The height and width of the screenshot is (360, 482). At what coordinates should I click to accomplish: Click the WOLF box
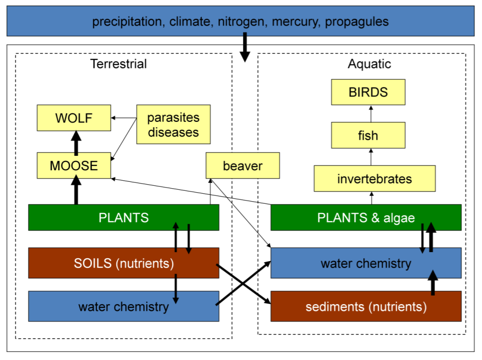pyautogui.click(x=74, y=118)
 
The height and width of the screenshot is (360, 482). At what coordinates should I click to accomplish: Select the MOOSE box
pyautogui.click(x=74, y=166)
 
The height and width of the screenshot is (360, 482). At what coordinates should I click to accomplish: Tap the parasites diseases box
pyautogui.click(x=173, y=125)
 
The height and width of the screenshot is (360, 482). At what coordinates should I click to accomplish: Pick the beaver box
pyautogui.click(x=242, y=166)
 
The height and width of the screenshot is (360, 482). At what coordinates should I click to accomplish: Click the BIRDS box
pyautogui.click(x=368, y=92)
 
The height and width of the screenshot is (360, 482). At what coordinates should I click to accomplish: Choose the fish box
pyautogui.click(x=368, y=135)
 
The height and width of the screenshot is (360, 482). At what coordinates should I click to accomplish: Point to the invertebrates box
pyautogui.click(x=374, y=179)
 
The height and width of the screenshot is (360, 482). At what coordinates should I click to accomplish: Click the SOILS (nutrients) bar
pyautogui.click(x=123, y=263)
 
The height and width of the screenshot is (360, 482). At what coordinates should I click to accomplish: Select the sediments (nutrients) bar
pyautogui.click(x=366, y=306)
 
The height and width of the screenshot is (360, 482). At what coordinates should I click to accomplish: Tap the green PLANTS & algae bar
pyautogui.click(x=366, y=218)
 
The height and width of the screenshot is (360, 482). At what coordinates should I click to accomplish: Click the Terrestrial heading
pyautogui.click(x=118, y=64)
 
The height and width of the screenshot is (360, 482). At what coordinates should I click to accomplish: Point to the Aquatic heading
pyautogui.click(x=369, y=64)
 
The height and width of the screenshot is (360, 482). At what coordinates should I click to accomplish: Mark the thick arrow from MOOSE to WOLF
pyautogui.click(x=76, y=142)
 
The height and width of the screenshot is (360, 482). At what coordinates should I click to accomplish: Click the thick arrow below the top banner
pyautogui.click(x=244, y=47)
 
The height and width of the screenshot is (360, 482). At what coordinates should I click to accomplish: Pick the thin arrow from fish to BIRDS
pyautogui.click(x=371, y=114)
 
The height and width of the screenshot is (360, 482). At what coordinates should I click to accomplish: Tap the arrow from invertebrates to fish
pyautogui.click(x=371, y=157)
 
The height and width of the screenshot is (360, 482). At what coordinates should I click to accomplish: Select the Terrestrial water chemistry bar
pyautogui.click(x=123, y=306)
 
